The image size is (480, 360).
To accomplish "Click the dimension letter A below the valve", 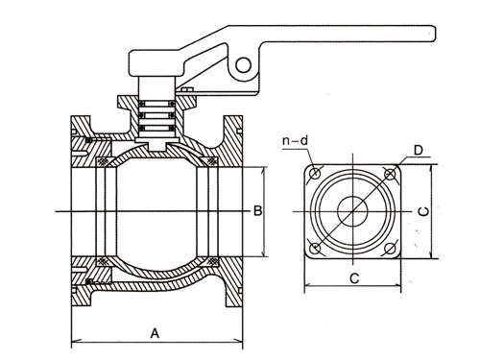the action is click(155, 333).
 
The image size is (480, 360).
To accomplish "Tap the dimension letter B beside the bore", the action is click(258, 211).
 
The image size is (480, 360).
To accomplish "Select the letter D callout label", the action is click(418, 150).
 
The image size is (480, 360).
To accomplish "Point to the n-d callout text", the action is click(295, 140).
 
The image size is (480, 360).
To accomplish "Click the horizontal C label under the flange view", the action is click(354, 278).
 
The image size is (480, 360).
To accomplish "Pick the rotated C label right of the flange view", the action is click(424, 211).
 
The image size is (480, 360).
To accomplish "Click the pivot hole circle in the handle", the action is click(243, 65).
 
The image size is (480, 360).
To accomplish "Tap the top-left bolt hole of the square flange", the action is click(315, 174).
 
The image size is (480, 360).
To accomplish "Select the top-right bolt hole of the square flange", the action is click(390, 174).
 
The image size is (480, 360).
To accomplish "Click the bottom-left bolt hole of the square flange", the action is click(315, 248).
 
